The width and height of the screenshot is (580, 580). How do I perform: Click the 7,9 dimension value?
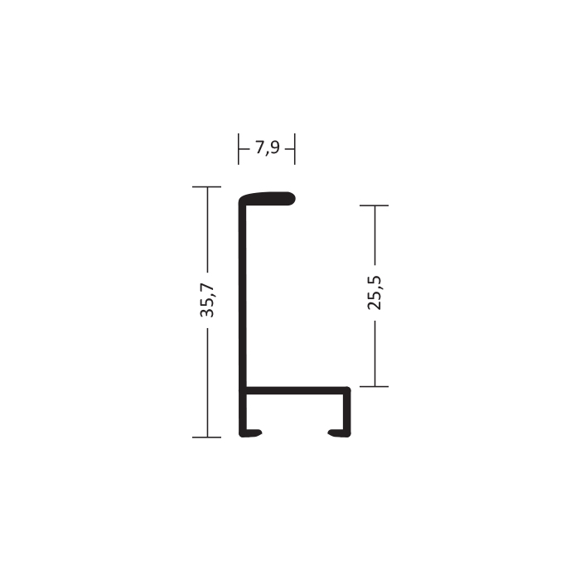[x=268, y=148]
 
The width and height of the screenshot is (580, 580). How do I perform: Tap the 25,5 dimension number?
[x=375, y=292]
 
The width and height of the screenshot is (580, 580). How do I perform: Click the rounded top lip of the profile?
[x=267, y=199]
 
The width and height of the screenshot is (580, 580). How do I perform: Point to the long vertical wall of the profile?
[x=243, y=314]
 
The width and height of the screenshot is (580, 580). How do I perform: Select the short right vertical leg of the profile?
[x=347, y=412]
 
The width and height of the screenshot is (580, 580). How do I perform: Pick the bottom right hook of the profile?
[x=339, y=433]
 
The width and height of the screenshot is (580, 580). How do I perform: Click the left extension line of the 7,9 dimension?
[x=239, y=149]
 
